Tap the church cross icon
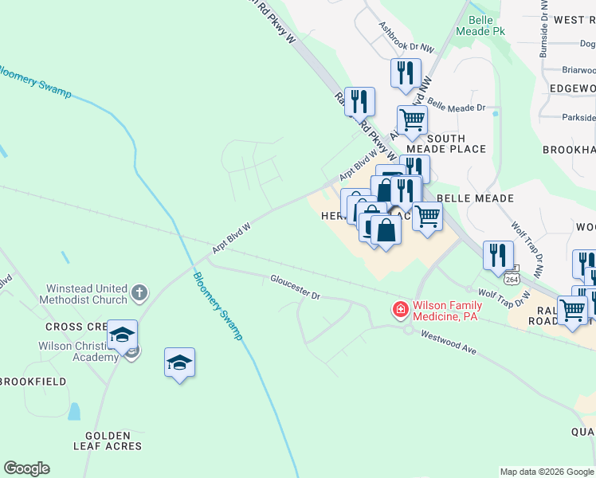pos(139,293)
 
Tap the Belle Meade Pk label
pos(481,25)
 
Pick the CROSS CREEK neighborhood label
pos(76,327)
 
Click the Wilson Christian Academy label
pos(78,351)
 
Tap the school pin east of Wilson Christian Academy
pos(180,363)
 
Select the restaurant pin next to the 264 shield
pos(498,255)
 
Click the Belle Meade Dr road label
pos(456,104)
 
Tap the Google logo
pos(26,468)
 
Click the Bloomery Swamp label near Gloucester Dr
pos(218,306)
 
